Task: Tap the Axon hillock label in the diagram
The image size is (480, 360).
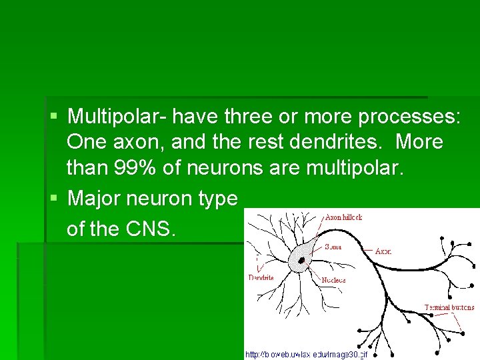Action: (343, 217)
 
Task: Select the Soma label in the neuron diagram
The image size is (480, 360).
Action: (333, 246)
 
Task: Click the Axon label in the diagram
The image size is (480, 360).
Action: (383, 251)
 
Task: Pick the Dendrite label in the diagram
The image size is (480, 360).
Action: (261, 277)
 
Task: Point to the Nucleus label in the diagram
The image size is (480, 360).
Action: (333, 280)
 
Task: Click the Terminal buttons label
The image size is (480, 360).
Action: (450, 307)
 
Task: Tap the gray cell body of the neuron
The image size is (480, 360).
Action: (304, 254)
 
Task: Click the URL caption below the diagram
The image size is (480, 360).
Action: (307, 354)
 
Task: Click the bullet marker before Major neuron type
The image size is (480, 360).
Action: (53, 199)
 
